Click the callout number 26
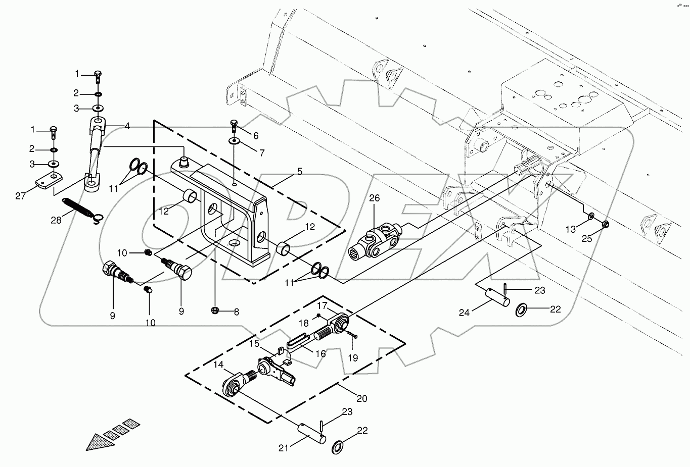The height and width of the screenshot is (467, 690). click(374, 198)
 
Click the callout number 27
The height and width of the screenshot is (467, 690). click(20, 196)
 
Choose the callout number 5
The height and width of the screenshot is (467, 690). click(300, 172)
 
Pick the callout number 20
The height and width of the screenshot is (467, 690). click(361, 398)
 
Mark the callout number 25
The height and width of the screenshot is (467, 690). click(586, 238)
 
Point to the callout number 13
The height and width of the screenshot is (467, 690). click(570, 229)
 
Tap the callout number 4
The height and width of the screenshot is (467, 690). click(127, 126)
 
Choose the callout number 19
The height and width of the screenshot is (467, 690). click(353, 358)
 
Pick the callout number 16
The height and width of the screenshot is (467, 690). click(320, 354)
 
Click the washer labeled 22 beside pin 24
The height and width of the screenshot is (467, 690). click(521, 309)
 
